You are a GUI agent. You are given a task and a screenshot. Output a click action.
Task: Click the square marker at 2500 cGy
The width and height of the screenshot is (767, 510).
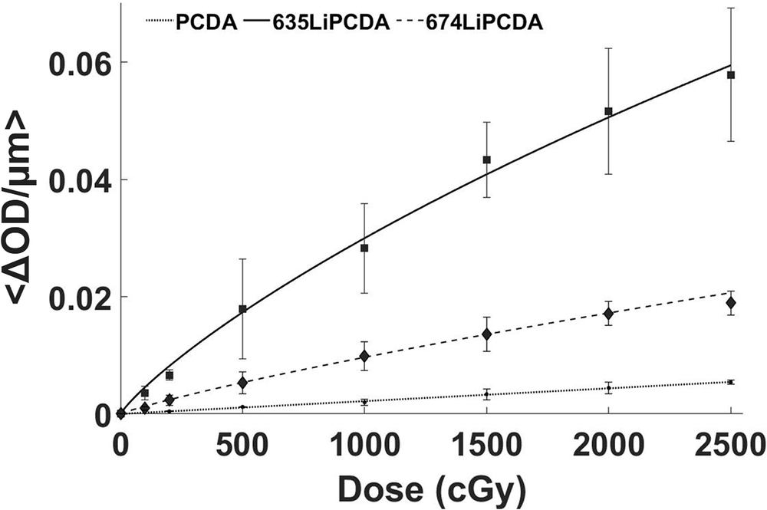point(731,75)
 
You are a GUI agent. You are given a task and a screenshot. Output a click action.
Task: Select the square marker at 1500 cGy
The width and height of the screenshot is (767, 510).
point(486,160)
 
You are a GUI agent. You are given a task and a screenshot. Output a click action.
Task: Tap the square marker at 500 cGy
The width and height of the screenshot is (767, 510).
point(242,309)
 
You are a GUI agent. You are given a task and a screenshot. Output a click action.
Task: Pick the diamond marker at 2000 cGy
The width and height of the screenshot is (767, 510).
point(608,313)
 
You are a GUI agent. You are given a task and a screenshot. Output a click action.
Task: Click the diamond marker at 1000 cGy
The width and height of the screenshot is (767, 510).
point(364,356)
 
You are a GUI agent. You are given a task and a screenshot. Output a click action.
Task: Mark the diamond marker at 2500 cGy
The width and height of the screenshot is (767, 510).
point(731,302)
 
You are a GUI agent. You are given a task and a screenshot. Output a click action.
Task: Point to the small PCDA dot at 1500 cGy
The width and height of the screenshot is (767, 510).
point(486,394)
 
